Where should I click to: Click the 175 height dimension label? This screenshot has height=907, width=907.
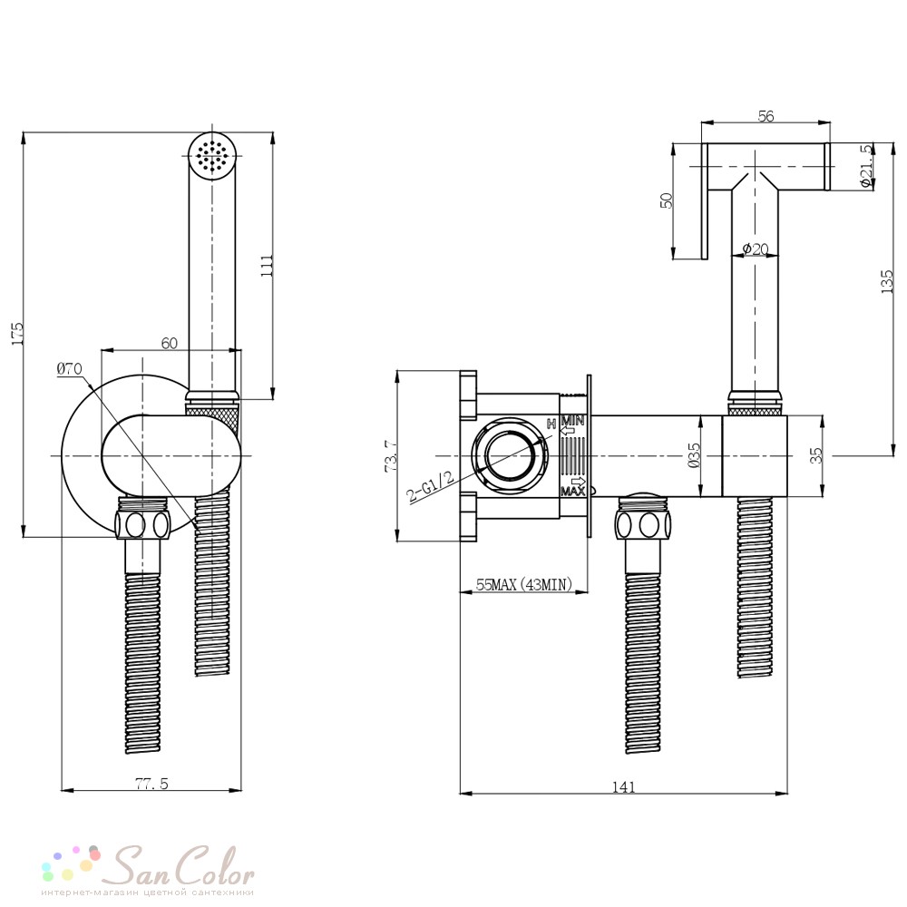coord(18,334)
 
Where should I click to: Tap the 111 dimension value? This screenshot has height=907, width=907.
coord(268,266)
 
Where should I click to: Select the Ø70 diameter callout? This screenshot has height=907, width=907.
coord(70,368)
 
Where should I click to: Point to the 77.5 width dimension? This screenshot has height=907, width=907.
coord(151,784)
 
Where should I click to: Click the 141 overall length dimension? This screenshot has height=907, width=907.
coord(624,787)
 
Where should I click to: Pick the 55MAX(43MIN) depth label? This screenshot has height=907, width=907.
coord(524,584)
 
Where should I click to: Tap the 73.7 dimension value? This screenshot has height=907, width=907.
coord(390,456)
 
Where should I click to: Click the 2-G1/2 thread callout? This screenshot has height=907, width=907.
coord(430,486)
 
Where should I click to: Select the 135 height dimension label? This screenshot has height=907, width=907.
coord(887,282)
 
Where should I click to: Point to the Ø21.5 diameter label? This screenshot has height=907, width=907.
coord(865,165)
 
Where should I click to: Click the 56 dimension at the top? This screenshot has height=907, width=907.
coord(766,116)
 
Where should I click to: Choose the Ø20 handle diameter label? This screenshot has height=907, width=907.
coord(756,249)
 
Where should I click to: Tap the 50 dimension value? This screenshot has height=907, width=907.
coord(667,200)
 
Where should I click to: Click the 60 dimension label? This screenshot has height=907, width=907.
coord(169,343)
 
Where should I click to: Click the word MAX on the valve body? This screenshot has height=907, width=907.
coord(572,491)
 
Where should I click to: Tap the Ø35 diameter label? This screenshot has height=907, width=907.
coord(695,455)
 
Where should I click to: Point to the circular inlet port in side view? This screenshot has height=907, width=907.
coord(509,455)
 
